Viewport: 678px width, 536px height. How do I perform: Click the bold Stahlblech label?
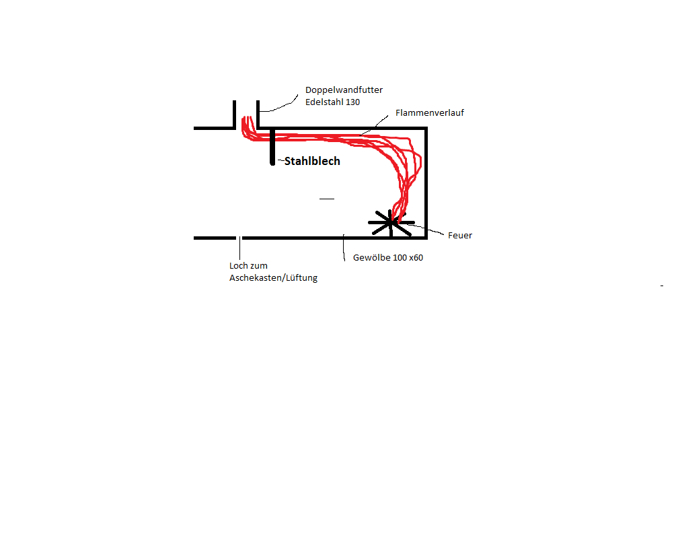(312, 162)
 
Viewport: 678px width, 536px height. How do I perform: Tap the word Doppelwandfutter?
(344, 90)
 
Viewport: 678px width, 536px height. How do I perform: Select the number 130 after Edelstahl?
(352, 102)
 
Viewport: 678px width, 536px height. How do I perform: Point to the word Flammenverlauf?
(430, 113)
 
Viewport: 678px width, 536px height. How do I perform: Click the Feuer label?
(460, 236)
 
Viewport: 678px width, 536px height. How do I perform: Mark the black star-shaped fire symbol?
(390, 222)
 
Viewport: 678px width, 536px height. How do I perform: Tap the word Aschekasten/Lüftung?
(273, 278)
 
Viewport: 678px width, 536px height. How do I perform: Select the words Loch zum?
(248, 266)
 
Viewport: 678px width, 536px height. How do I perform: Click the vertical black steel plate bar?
(272, 147)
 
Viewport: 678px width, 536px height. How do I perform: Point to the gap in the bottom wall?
(239, 238)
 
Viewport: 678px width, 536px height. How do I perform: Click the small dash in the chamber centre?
(327, 199)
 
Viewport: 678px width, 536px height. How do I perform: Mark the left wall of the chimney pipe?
(235, 114)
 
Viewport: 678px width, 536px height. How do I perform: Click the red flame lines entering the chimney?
(248, 128)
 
